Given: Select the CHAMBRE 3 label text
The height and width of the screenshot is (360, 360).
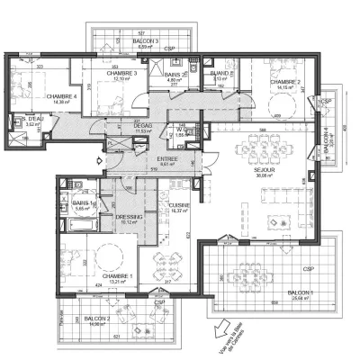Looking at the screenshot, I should pyautogui.click(x=121, y=74).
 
